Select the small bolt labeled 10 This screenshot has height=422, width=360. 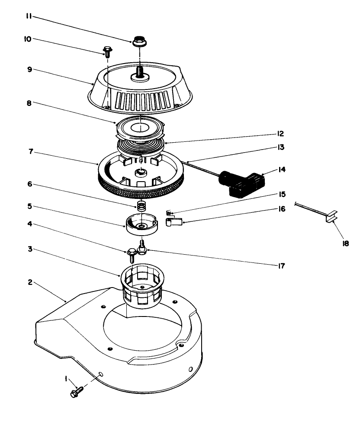[x=107, y=52]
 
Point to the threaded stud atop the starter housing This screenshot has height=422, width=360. [x=139, y=71]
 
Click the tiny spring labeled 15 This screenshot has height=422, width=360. [x=170, y=212]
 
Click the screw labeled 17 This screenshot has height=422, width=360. [x=141, y=248]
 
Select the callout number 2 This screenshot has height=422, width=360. [x=30, y=282]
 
